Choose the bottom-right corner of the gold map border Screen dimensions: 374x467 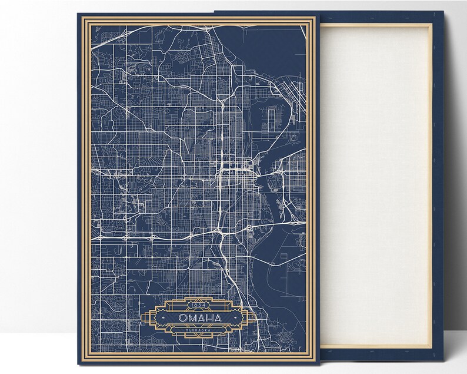click(x=310, y=356)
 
